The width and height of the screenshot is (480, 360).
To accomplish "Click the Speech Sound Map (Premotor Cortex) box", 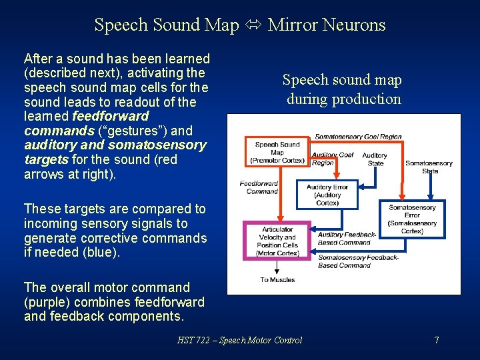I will [x=277, y=152].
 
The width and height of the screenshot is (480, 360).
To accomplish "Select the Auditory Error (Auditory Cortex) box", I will [x=327, y=195].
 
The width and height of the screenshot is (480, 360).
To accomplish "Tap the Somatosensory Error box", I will [x=412, y=219].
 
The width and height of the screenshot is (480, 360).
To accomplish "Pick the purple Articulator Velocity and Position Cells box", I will [x=277, y=241].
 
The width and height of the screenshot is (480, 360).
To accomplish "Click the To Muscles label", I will [x=277, y=280].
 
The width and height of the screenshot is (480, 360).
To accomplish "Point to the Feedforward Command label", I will [x=259, y=187].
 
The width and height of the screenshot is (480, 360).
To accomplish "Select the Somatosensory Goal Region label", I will [x=358, y=137].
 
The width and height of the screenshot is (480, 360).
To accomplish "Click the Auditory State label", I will [x=375, y=159].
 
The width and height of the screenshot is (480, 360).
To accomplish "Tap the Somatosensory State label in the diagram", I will [x=429, y=167].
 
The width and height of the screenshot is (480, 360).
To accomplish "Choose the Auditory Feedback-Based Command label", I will [x=347, y=239].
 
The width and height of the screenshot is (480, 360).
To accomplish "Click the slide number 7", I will [x=436, y=340].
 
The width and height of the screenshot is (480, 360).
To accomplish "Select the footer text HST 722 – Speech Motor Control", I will [x=239, y=340].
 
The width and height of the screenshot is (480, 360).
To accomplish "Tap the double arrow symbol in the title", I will [x=253, y=25].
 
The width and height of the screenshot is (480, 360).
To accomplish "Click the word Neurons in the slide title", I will [x=354, y=25].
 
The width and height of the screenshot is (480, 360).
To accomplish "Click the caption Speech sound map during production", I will [x=343, y=89].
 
